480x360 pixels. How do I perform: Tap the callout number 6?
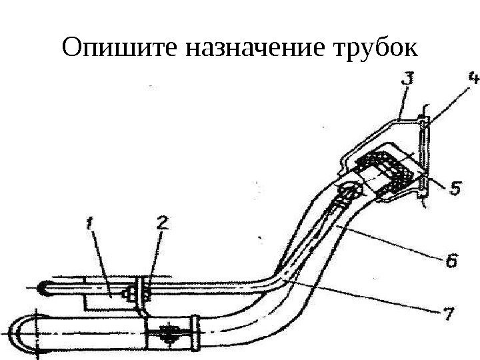click(x=451, y=262)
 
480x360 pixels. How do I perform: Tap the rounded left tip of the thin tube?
click(x=44, y=289)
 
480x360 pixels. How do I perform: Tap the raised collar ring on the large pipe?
click(x=195, y=331)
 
